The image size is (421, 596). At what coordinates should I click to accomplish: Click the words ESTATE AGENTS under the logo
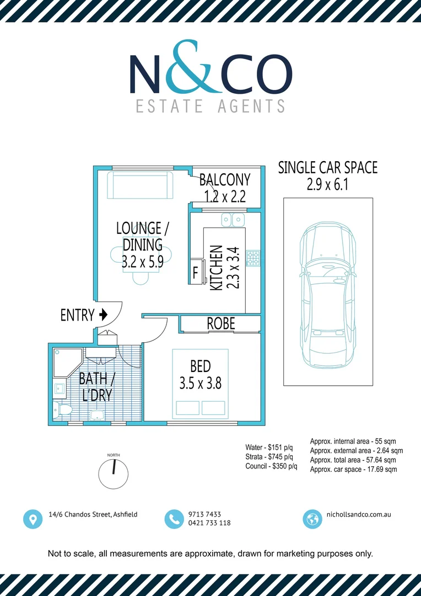tap(210, 105)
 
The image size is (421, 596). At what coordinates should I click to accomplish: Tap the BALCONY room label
tap(224, 180)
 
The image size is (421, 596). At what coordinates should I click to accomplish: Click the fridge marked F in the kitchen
tap(195, 273)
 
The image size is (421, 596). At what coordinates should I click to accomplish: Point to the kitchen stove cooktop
tap(253, 258)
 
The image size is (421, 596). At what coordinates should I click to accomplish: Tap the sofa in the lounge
tap(140, 185)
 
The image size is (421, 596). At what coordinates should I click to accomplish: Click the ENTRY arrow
tap(102, 315)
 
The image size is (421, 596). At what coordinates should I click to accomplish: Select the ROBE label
tap(220, 324)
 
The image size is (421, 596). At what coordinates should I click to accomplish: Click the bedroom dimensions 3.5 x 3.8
tap(200, 382)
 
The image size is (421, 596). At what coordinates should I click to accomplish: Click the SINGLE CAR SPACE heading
tap(327, 168)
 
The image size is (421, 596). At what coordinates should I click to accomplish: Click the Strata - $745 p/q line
tap(269, 457)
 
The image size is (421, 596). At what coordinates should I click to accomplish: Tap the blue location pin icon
tap(33, 519)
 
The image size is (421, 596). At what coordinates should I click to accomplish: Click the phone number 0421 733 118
tap(209, 523)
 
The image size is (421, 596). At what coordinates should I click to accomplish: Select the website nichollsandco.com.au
tap(359, 514)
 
